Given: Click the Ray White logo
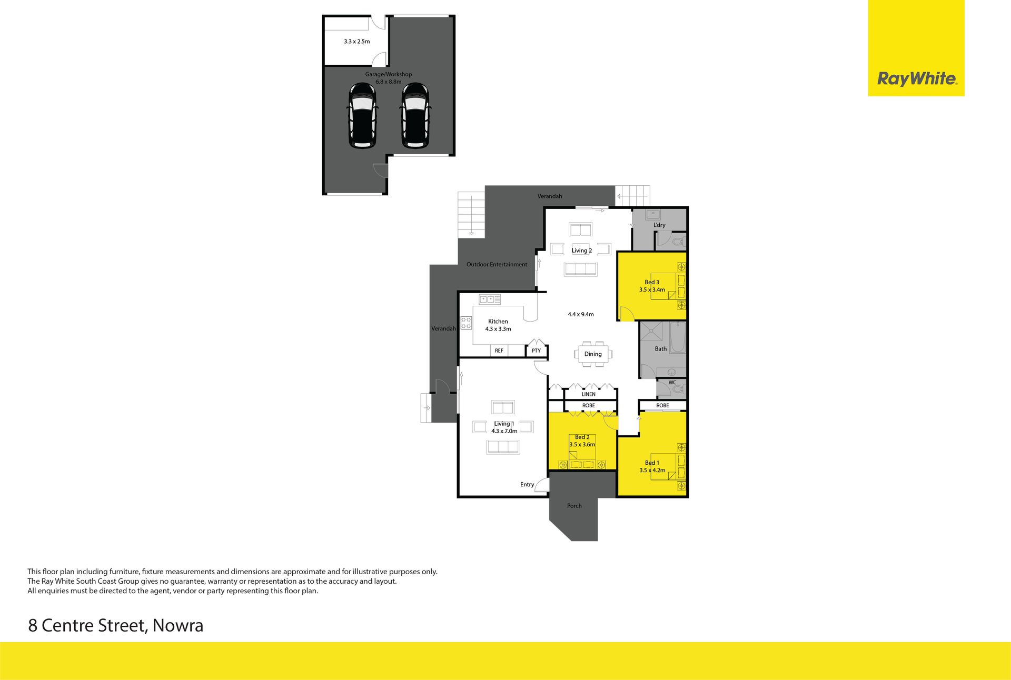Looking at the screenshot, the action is (x=916, y=79).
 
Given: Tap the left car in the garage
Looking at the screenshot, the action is (x=362, y=116).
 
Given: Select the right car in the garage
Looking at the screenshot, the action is (x=415, y=116).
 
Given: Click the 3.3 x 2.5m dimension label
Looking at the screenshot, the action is (x=356, y=41).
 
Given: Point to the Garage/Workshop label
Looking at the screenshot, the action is (x=389, y=74).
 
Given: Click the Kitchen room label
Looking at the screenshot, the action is (x=498, y=321).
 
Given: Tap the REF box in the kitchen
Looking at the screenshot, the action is (x=499, y=351).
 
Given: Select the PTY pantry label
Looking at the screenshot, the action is (x=536, y=351).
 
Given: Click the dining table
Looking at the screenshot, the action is (x=593, y=354).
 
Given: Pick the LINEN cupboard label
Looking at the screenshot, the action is (x=589, y=394).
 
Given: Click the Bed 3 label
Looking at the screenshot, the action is (x=652, y=282).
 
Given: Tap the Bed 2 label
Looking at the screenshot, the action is (x=582, y=437).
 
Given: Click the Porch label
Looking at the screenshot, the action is (x=574, y=506).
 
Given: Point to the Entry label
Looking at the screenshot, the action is (x=527, y=484).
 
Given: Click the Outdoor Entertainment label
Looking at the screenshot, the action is (x=497, y=264).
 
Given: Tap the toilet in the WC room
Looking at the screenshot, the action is (x=678, y=389).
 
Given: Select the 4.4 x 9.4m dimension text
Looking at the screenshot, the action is (x=581, y=314).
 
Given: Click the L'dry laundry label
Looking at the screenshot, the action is (x=659, y=225).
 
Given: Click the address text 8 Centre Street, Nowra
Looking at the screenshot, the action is (x=115, y=626).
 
